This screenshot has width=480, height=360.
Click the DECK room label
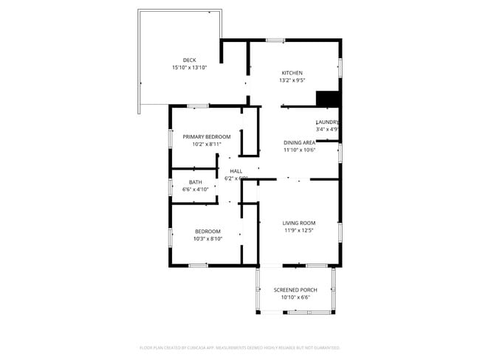190,60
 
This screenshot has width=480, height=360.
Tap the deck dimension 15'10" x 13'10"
190,67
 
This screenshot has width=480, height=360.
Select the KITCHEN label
292,73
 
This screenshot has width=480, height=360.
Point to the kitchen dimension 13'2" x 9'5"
292,80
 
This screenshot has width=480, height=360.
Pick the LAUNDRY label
327,122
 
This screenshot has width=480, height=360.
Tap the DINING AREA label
300,142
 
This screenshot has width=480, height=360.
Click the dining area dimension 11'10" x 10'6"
300,150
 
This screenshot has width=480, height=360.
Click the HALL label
236,171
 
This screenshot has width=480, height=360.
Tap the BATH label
195,182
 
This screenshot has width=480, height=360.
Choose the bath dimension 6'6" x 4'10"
196,190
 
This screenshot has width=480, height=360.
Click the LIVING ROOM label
299,223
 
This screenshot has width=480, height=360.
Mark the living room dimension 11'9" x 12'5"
299,230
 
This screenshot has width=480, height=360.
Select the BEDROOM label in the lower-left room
208,232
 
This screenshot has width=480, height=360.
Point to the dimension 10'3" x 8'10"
208,239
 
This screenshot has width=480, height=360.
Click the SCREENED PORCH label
295,290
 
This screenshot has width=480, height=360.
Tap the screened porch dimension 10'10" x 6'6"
295,298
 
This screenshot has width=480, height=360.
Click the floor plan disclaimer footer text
240,347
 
